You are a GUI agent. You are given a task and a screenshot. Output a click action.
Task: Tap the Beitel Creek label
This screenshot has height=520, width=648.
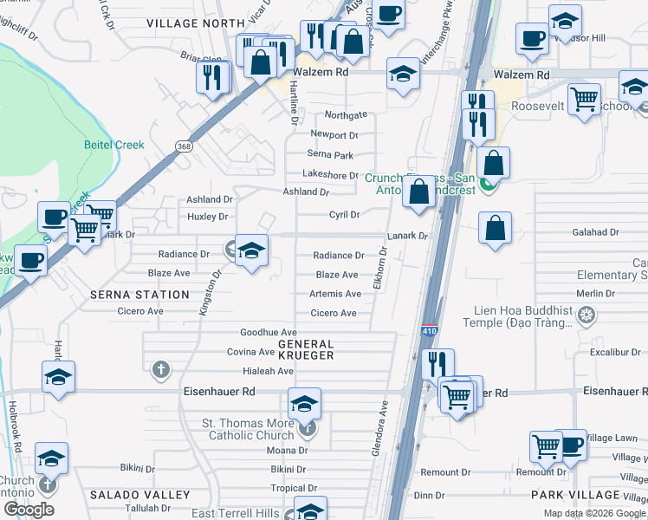(x=114, y=145)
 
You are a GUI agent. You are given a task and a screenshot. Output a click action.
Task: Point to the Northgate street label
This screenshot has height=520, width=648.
(x=346, y=115)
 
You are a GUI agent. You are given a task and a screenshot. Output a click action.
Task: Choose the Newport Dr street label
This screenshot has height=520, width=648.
(x=334, y=135)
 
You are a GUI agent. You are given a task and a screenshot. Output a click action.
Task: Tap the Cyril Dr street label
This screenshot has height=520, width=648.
(x=344, y=214)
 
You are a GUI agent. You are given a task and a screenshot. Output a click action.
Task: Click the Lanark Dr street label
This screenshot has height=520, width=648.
(x=407, y=236)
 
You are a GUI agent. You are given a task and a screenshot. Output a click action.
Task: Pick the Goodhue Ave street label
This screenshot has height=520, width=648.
(x=269, y=332)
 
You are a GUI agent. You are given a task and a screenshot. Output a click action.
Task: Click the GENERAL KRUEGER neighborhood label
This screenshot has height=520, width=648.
(x=306, y=349)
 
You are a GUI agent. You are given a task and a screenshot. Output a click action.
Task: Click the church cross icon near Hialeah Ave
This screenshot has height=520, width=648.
(x=159, y=370)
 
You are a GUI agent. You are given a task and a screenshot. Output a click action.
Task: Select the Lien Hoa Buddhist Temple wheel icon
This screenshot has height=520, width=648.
(x=587, y=314)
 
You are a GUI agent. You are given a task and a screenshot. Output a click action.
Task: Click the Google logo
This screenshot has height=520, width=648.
(x=29, y=510)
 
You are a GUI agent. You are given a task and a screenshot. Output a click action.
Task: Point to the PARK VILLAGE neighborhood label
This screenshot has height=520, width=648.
(x=576, y=495)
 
